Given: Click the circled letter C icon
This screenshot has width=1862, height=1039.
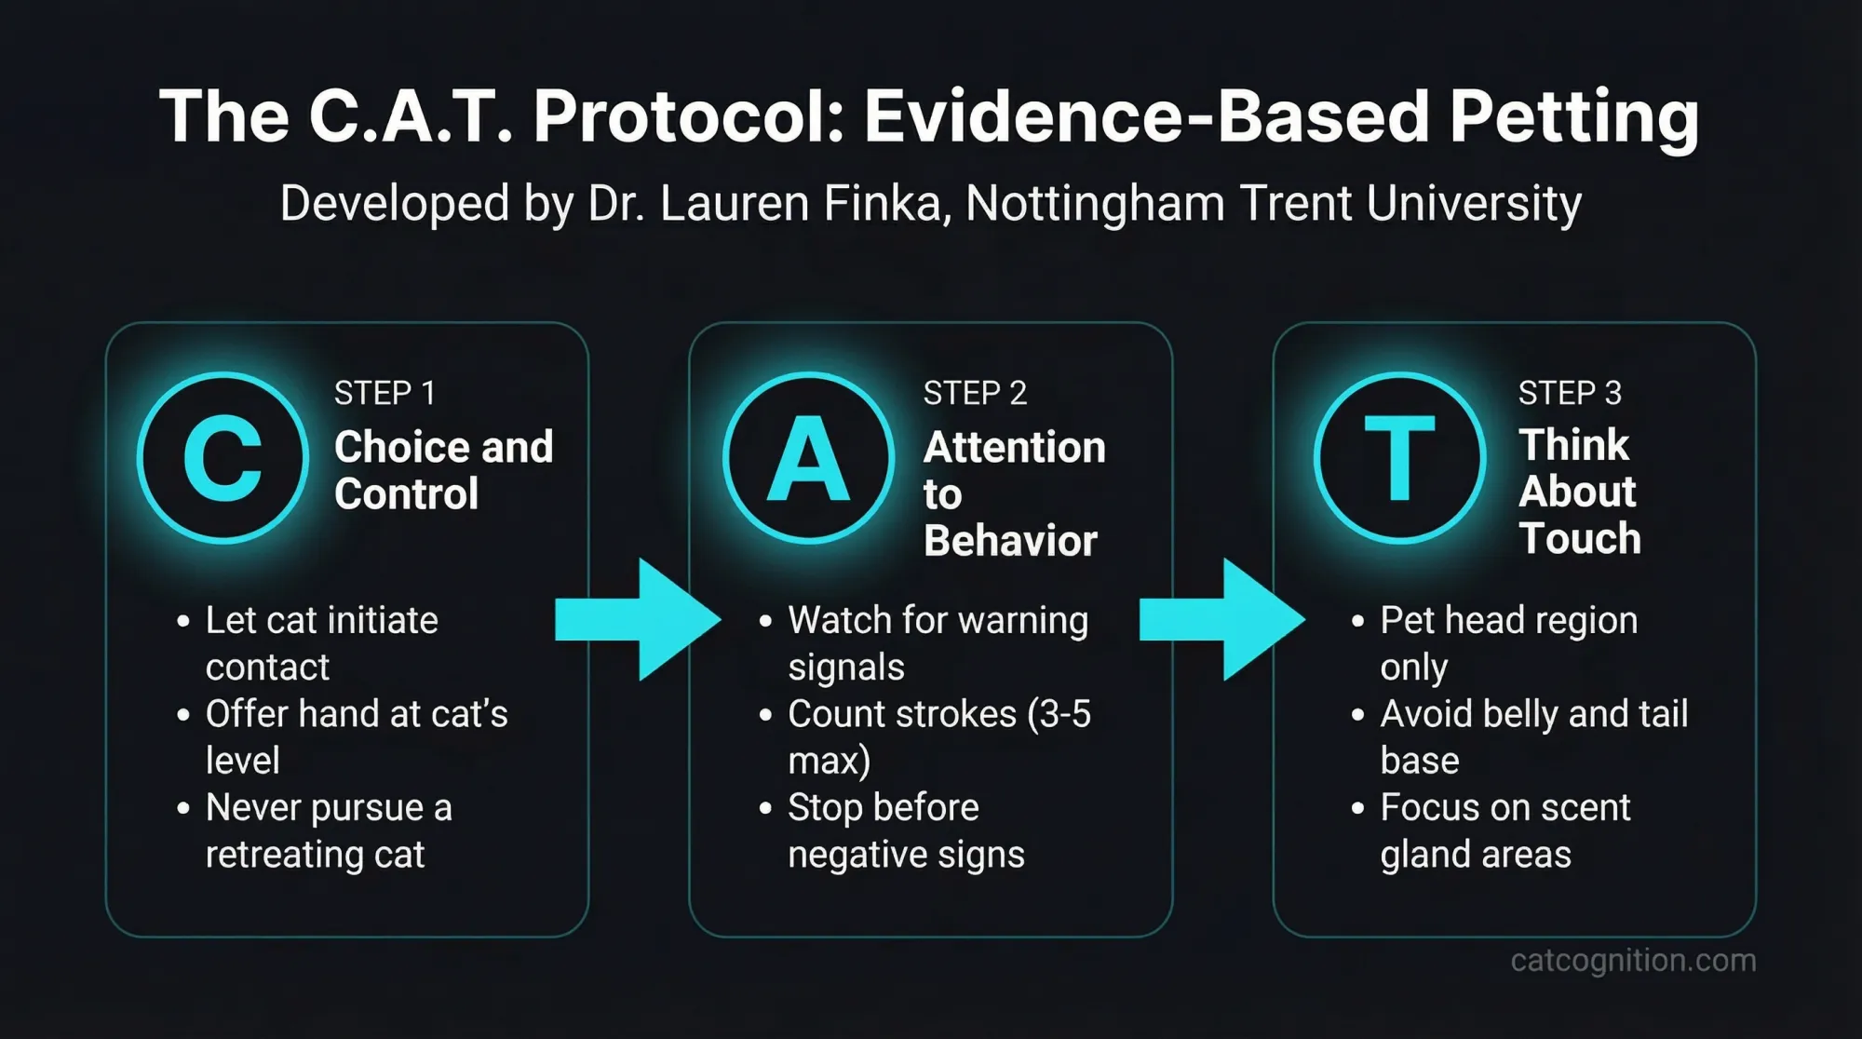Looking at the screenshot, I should (223, 458).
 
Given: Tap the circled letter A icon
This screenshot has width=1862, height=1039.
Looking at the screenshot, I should (808, 458).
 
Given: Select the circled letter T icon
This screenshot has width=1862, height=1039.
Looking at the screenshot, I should (1399, 458).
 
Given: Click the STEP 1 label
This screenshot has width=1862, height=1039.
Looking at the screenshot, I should (385, 393).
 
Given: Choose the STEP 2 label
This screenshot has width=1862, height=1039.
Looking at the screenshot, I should (975, 393).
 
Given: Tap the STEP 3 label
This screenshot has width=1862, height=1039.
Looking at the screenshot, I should (1570, 393).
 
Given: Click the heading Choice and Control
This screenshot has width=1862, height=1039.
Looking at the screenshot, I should (443, 470).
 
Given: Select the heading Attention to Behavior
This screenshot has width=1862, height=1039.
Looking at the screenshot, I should (1014, 493).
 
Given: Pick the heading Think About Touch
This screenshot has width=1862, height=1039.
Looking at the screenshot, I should (1578, 492).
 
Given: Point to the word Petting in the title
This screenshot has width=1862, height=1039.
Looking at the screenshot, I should (1573, 116).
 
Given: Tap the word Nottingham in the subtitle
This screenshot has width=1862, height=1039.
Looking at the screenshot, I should (1095, 203).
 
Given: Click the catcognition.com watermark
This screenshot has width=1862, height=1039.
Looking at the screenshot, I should (1633, 960).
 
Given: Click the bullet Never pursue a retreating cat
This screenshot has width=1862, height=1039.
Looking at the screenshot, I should (328, 830).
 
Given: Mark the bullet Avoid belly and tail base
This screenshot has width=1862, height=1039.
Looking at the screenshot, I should (1533, 736).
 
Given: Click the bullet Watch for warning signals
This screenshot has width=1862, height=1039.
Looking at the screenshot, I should (938, 643).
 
